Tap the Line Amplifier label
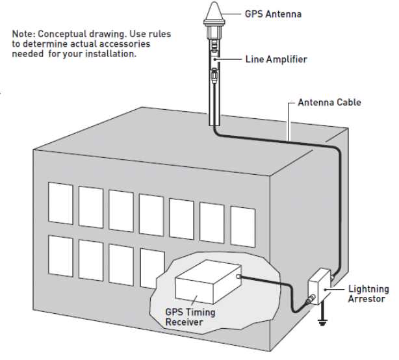[x=276, y=60]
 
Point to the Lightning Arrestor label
[x=368, y=294]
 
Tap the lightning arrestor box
[x=321, y=287]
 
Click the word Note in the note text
[x=23, y=33]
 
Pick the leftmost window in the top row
[x=60, y=203]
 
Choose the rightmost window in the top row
[x=243, y=226]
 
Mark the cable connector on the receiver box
[x=240, y=277]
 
